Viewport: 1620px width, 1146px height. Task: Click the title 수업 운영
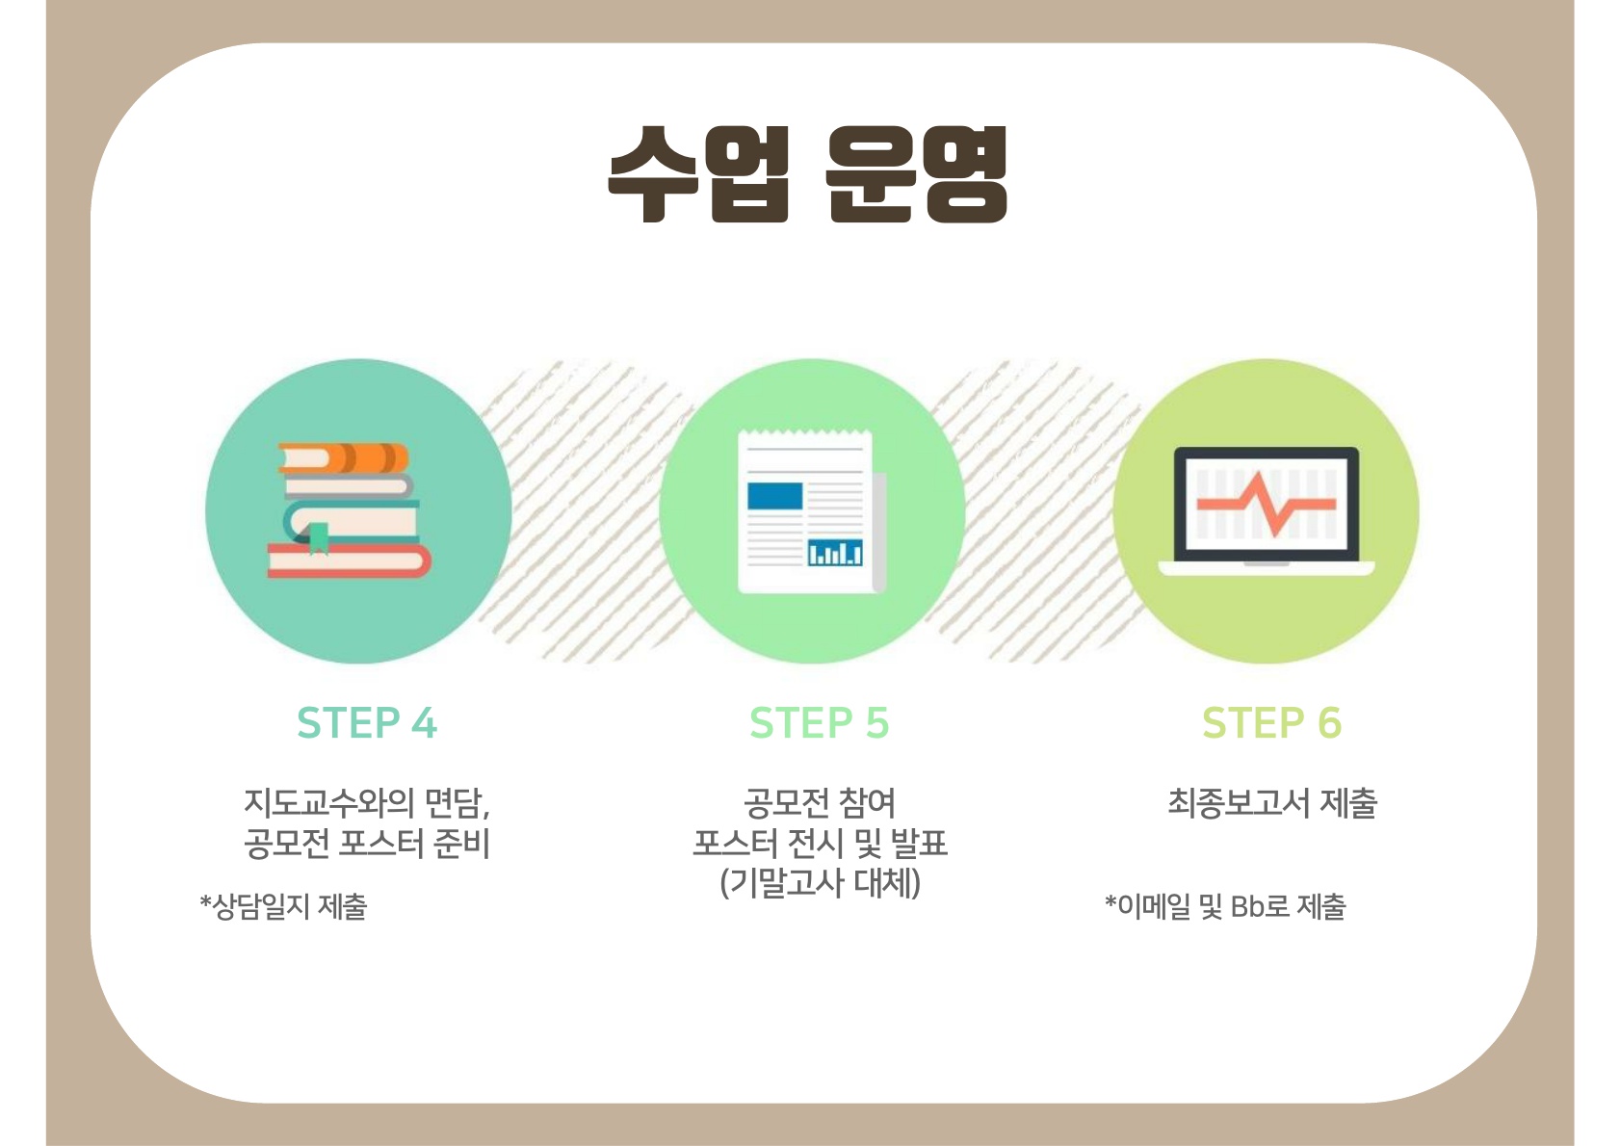click(x=807, y=174)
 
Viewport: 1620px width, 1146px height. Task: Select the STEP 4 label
click(x=367, y=722)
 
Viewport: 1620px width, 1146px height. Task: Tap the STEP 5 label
click(x=819, y=722)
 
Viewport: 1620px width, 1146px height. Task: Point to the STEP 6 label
click(x=1271, y=722)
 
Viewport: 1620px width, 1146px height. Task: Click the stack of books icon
click(x=350, y=510)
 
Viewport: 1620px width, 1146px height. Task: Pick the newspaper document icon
click(x=812, y=511)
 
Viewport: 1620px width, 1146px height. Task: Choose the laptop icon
click(x=1267, y=511)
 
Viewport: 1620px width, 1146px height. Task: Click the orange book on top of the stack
click(x=344, y=458)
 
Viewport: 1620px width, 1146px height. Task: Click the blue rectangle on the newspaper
click(x=774, y=496)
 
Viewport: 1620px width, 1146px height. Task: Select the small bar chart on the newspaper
click(x=835, y=553)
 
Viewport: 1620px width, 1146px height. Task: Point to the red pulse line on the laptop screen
click(x=1267, y=505)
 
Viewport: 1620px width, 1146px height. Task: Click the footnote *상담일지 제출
click(x=283, y=906)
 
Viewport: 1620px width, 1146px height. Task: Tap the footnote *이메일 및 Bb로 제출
click(x=1225, y=906)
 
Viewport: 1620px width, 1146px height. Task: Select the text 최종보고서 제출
click(x=1272, y=802)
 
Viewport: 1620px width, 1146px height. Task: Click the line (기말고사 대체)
click(x=820, y=882)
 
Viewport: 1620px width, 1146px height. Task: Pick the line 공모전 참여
click(x=820, y=802)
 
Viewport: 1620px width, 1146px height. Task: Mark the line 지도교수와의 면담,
click(x=367, y=802)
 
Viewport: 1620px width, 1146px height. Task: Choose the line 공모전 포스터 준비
click(x=367, y=843)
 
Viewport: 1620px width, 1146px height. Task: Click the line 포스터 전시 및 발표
click(x=820, y=843)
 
